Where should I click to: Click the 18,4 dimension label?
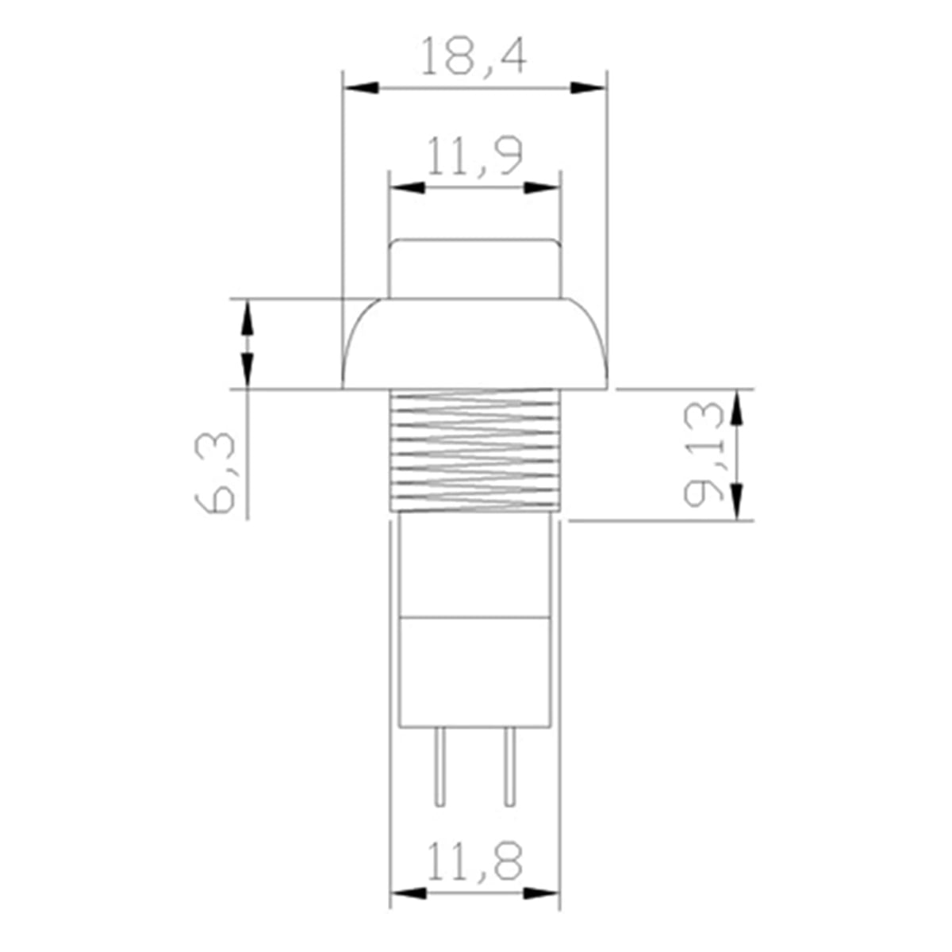pos(474,56)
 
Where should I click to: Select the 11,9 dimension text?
pos(474,156)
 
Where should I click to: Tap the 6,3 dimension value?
pos(214,473)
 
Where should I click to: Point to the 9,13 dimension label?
pos(703,455)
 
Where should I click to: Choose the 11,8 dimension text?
pos(474,862)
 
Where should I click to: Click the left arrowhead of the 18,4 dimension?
pos(361,88)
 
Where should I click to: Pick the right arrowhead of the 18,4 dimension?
pos(588,88)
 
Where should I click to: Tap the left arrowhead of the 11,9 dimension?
pos(408,188)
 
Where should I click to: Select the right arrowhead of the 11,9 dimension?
pos(542,188)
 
